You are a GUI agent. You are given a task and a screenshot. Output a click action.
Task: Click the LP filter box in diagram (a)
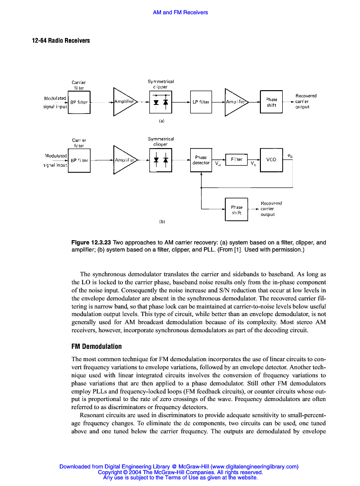201,102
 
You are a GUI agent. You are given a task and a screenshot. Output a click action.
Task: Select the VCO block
271,160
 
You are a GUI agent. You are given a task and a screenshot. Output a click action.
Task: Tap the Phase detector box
201,160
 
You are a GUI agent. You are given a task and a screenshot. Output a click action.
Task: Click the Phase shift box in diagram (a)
271,102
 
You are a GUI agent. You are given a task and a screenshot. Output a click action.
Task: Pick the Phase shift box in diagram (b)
236,210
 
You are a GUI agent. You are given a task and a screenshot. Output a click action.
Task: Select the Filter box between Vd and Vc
236,159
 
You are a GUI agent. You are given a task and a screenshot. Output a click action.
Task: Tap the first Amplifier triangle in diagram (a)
123,102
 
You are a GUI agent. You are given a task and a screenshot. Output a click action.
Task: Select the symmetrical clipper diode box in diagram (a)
160,102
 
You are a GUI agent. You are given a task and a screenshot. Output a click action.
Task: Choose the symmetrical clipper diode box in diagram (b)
160,160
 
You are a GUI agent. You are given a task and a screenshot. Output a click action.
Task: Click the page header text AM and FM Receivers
180,12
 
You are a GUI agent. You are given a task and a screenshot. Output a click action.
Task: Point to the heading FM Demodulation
96,346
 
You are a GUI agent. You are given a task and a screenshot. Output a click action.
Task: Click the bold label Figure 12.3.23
91,243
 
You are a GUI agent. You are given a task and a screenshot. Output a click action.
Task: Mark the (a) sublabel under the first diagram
161,121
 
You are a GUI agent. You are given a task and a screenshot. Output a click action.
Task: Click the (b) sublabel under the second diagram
162,221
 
